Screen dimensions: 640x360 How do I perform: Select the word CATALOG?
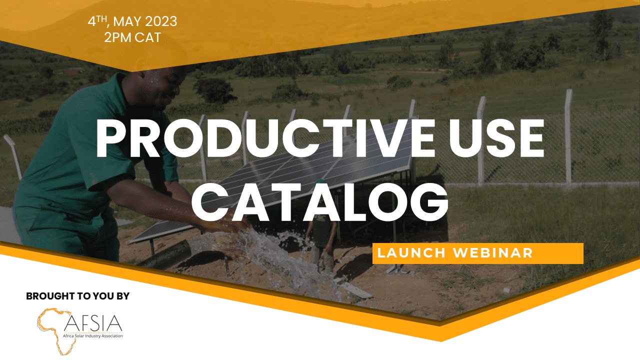pyautogui.click(x=319, y=201)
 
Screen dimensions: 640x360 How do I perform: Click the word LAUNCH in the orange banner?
pyautogui.click(x=411, y=253)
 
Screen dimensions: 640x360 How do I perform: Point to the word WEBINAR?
pyautogui.click(x=493, y=253)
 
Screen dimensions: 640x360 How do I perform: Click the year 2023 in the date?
pyautogui.click(x=161, y=21)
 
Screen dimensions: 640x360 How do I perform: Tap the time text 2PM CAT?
pyautogui.click(x=132, y=37)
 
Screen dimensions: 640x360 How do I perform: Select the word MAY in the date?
pyautogui.click(x=127, y=21)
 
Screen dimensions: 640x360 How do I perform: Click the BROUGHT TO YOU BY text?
pyautogui.click(x=77, y=296)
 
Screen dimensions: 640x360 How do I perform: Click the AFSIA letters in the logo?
pyautogui.click(x=93, y=323)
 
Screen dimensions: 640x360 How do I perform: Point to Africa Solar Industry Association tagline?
pyautogui.click(x=93, y=336)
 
